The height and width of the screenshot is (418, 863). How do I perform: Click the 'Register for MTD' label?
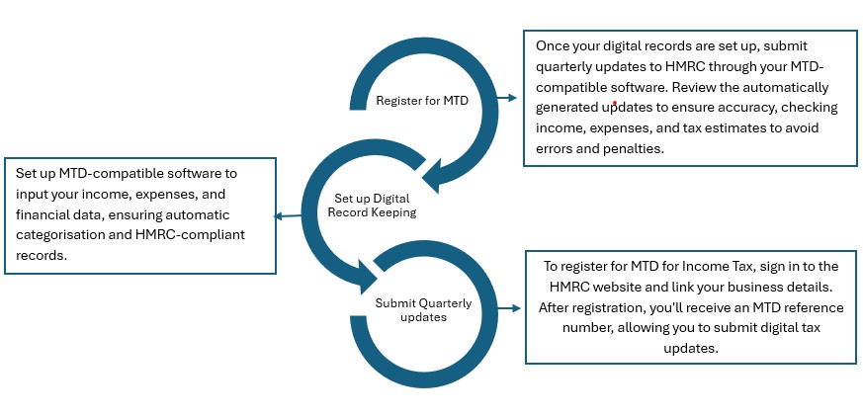[421, 100]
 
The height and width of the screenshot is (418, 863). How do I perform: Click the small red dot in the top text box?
[615, 101]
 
